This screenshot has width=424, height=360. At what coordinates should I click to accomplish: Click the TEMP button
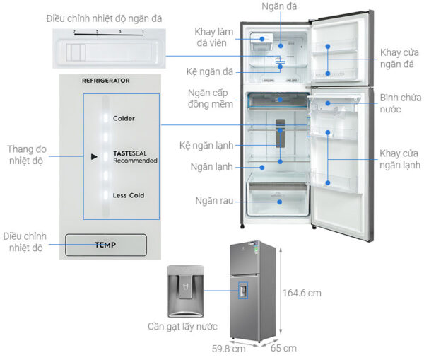[x=105, y=245]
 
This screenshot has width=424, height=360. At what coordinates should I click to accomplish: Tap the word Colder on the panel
[x=124, y=118]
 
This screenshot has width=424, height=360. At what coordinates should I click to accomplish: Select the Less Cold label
[x=128, y=195]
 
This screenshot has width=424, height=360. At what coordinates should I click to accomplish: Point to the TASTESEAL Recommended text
[x=135, y=157]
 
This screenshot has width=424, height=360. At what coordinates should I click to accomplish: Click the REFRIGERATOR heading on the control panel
[x=106, y=81]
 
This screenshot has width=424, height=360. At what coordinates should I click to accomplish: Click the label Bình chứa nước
[x=399, y=103]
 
